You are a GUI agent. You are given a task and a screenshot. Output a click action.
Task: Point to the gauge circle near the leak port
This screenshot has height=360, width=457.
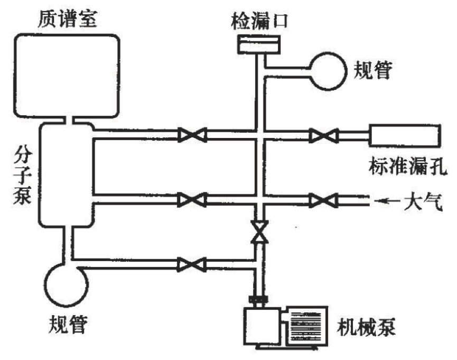pyautogui.click(x=329, y=69)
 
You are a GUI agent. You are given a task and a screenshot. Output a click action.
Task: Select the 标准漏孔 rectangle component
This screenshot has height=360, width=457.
pyautogui.click(x=404, y=136)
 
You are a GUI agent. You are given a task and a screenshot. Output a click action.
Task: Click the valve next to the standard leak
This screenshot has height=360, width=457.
pyautogui.click(x=323, y=136)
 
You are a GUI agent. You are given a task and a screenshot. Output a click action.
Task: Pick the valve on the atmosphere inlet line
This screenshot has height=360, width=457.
pyautogui.click(x=323, y=200)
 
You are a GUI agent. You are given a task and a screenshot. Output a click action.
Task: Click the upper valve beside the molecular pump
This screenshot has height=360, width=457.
pyautogui.click(x=191, y=136)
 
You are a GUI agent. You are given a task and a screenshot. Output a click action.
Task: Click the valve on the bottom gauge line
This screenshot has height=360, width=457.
pyautogui.click(x=191, y=264)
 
